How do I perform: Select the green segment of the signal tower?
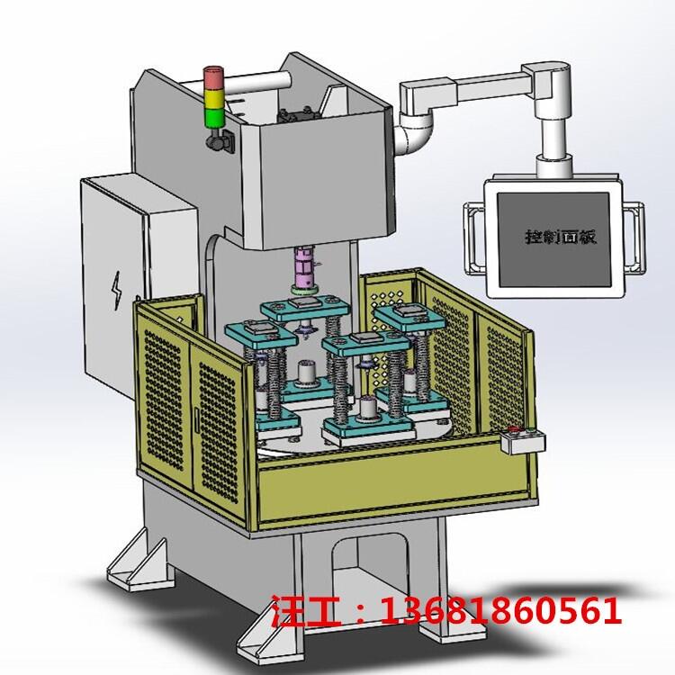coord(214,118)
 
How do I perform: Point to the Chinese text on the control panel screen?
coord(561,237)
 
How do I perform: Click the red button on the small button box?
coord(513,428)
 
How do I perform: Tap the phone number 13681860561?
coord(501,609)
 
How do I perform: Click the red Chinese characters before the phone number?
coord(306,610)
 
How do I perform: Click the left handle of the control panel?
coord(472,238)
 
